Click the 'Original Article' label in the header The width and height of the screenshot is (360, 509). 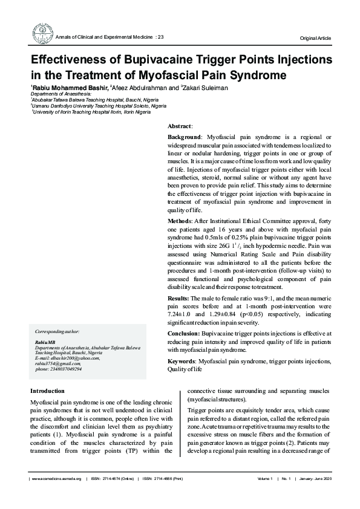(x=315, y=39)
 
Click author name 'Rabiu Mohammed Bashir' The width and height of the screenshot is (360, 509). (x=71, y=88)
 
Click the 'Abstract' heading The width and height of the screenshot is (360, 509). (x=179, y=126)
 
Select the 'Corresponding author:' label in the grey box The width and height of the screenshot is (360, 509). (x=57, y=332)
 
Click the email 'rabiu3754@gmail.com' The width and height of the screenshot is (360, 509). (x=58, y=363)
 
